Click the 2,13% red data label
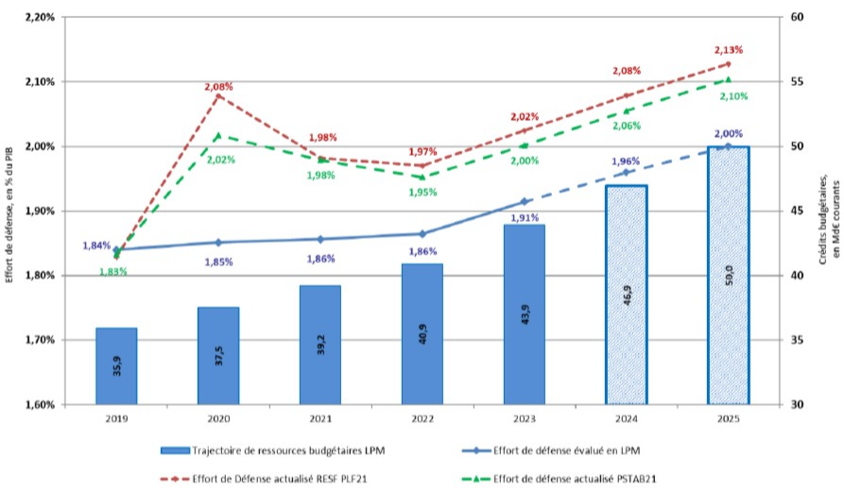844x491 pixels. (728, 50)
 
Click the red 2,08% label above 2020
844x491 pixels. (218, 86)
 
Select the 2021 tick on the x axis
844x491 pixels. (320, 417)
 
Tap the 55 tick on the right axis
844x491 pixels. (799, 82)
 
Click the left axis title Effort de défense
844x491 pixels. (10, 211)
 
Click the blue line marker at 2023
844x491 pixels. (524, 202)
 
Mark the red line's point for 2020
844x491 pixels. (218, 96)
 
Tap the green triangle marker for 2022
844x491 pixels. (422, 177)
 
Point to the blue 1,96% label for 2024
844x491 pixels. (628, 161)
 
